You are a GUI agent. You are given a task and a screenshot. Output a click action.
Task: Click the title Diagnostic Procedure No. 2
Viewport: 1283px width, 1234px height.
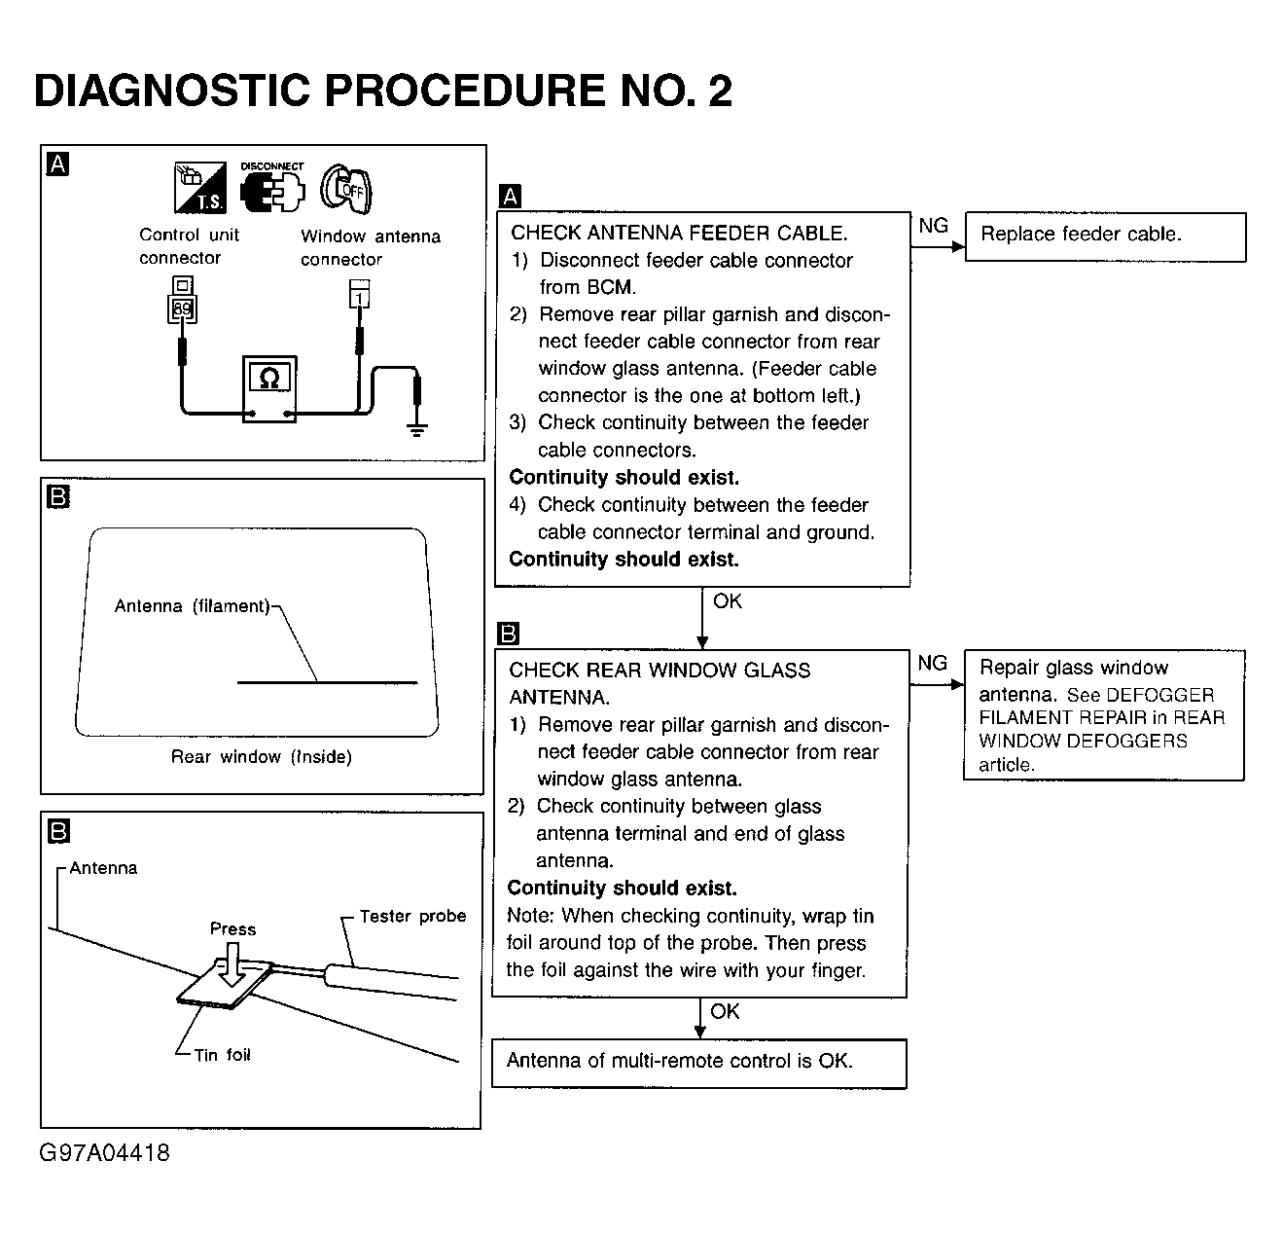[x=382, y=91]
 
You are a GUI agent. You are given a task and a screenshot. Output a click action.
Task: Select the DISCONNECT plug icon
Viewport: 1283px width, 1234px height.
[x=271, y=190]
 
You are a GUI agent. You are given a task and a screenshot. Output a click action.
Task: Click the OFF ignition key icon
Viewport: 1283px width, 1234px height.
[x=347, y=188]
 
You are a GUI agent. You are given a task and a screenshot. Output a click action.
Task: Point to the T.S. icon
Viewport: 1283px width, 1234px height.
[x=199, y=188]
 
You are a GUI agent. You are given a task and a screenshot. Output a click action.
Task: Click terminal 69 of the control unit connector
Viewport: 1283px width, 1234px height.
[x=182, y=309]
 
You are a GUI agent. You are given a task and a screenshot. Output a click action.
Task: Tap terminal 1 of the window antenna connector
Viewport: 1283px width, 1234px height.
[x=359, y=296]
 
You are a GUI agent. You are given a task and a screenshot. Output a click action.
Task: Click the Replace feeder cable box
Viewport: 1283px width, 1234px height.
[x=1104, y=236]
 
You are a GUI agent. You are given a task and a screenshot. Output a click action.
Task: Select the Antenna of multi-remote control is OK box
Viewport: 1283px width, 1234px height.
[x=697, y=1063]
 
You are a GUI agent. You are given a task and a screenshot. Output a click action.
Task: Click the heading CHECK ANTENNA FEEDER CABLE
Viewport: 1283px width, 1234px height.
[x=679, y=234]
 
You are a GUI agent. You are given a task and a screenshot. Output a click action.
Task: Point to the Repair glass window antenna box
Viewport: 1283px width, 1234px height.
[x=1103, y=715]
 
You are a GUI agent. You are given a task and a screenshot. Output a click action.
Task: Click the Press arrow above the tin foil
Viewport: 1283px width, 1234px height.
[x=232, y=967]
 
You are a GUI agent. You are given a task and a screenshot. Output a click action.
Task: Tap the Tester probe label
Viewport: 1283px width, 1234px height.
[x=412, y=916]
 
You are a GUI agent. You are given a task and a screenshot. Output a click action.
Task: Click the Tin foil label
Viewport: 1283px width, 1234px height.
[x=222, y=1055]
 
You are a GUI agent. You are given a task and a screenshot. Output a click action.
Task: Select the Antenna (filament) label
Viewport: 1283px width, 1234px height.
[x=192, y=606]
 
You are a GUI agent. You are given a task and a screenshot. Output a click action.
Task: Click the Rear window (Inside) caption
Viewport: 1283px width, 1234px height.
[x=261, y=757]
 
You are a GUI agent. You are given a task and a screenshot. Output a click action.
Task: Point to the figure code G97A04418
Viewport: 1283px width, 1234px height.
[x=104, y=1153]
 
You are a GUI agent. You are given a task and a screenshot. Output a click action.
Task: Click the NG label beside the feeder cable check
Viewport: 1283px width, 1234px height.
[x=933, y=226]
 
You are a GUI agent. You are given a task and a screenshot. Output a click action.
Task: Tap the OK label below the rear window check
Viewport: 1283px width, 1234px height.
[x=725, y=1011]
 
